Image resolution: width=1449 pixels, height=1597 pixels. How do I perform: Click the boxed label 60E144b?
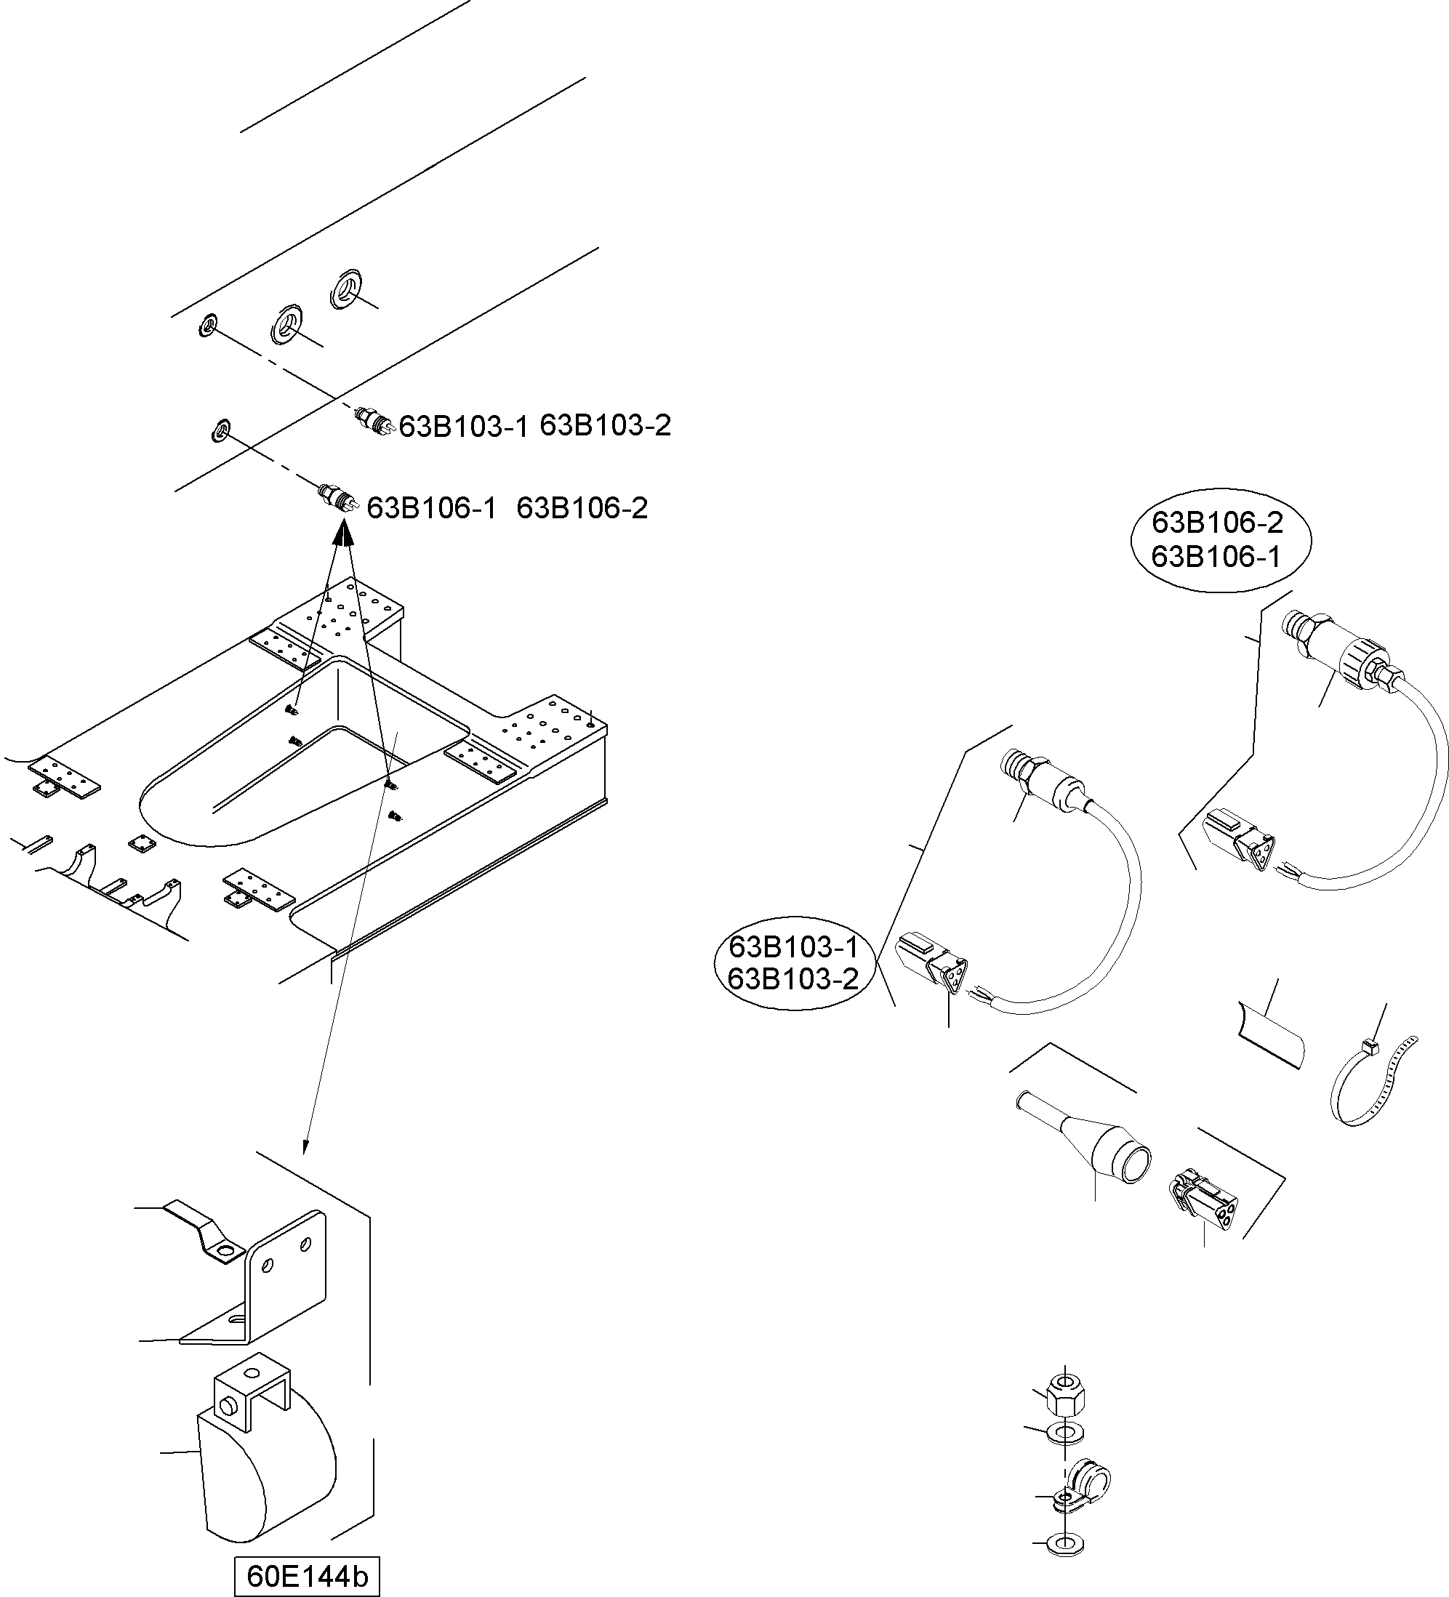[x=308, y=1577]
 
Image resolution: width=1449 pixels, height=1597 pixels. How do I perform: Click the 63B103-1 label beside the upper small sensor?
[x=463, y=426]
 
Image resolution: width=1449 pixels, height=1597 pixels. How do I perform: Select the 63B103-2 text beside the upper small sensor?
[x=606, y=425]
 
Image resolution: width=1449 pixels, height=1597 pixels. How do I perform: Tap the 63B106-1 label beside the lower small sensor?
[x=432, y=508]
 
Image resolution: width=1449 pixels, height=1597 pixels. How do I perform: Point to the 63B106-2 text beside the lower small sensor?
[x=582, y=508]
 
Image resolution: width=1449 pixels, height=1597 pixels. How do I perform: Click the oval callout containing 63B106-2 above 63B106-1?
[x=1220, y=539]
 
